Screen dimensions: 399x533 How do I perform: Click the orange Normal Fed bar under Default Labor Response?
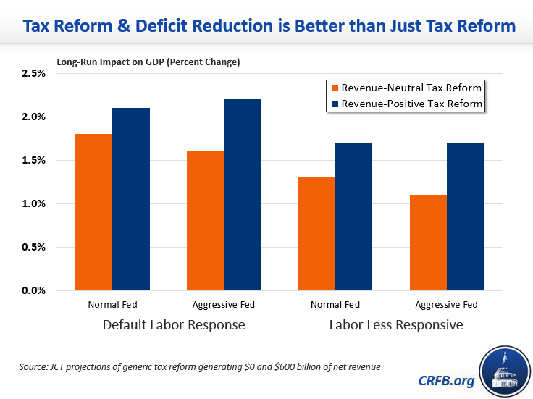coord(94,212)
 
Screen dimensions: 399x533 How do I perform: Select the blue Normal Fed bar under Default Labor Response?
coord(131,199)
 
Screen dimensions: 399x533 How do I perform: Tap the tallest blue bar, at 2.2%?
coord(242,195)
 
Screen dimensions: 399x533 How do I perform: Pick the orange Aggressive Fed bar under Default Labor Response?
coord(205,221)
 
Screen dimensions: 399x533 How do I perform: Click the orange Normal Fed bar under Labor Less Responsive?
coord(316,234)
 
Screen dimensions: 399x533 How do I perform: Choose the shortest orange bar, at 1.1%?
coord(427,243)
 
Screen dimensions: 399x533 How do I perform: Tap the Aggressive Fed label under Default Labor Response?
coord(224,305)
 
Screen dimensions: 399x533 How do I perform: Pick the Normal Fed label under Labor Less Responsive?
coord(335,305)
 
